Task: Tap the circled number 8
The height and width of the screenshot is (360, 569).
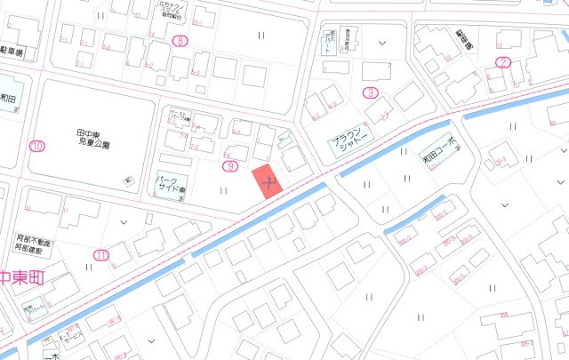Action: click(181, 41)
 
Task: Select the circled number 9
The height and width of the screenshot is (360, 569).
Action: click(231, 166)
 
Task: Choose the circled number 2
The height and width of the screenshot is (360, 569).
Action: click(503, 62)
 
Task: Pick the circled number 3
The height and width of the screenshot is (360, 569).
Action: click(370, 92)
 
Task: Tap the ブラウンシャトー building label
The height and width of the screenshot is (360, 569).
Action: click(349, 146)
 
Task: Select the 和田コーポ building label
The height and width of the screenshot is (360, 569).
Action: click(439, 147)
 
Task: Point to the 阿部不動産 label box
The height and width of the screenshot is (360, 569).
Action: click(35, 244)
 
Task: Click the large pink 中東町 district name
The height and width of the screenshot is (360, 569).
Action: click(20, 277)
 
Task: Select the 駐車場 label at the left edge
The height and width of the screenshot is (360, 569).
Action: click(13, 52)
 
